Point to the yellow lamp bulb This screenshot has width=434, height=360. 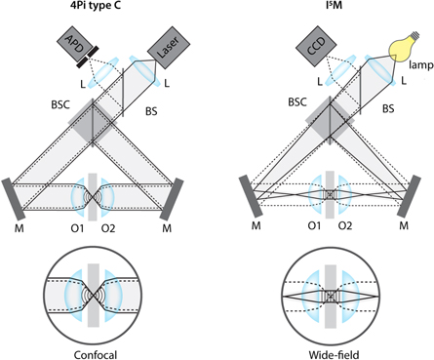(x=403, y=44)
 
